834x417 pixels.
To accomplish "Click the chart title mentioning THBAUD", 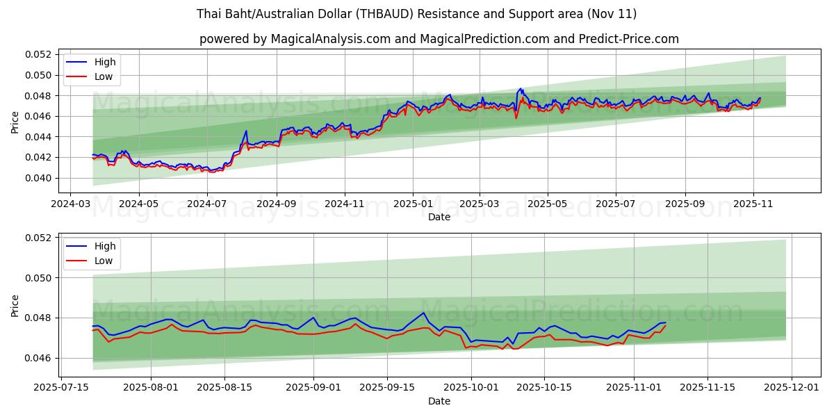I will tap(416, 14).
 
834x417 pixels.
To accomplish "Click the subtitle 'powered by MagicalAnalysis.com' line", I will tap(439, 39).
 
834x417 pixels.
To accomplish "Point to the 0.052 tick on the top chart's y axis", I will tap(38, 54).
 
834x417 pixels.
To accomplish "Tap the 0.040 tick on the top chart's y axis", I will tap(38, 178).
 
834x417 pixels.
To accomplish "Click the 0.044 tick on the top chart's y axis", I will tap(38, 137).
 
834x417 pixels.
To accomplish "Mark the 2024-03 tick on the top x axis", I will tap(70, 204).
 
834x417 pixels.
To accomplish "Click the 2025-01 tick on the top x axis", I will tap(413, 204).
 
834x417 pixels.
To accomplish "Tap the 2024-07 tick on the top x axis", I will tap(206, 204).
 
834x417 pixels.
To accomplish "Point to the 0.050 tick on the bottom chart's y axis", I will tap(38, 277).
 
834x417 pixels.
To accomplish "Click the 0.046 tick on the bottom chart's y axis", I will tap(38, 358).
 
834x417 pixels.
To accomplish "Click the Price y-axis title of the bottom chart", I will tap(15, 305).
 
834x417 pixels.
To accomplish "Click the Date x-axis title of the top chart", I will tap(439, 217).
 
